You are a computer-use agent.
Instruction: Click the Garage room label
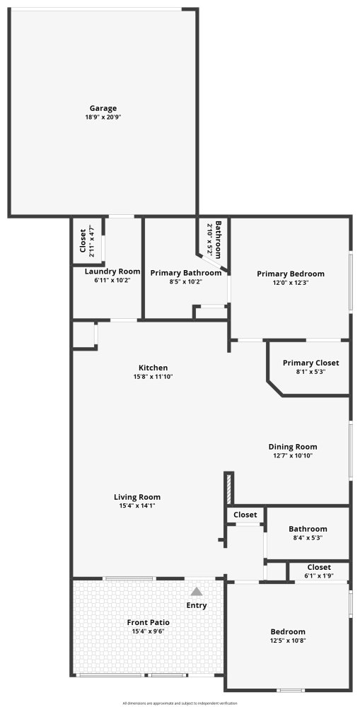103,108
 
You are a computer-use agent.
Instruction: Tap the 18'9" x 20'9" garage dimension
103,117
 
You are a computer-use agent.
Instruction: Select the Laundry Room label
112,271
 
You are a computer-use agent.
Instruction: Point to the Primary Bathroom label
186,273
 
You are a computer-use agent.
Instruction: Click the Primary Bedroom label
291,274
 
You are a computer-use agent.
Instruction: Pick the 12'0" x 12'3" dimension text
291,283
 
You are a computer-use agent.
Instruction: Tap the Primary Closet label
310,363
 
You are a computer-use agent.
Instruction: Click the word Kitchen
153,368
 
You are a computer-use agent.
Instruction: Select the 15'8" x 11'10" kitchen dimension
153,377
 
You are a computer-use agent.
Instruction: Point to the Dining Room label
293,447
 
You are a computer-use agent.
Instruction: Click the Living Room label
137,497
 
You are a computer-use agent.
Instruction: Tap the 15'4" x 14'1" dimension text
137,506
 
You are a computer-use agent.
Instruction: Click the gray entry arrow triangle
196,592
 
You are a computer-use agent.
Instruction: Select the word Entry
196,606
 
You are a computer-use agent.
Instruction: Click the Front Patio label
148,623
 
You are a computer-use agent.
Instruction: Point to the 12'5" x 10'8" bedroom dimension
287,641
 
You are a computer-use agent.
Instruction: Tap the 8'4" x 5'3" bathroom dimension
308,538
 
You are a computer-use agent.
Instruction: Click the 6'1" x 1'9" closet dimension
319,575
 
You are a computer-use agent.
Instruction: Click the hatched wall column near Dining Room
228,489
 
